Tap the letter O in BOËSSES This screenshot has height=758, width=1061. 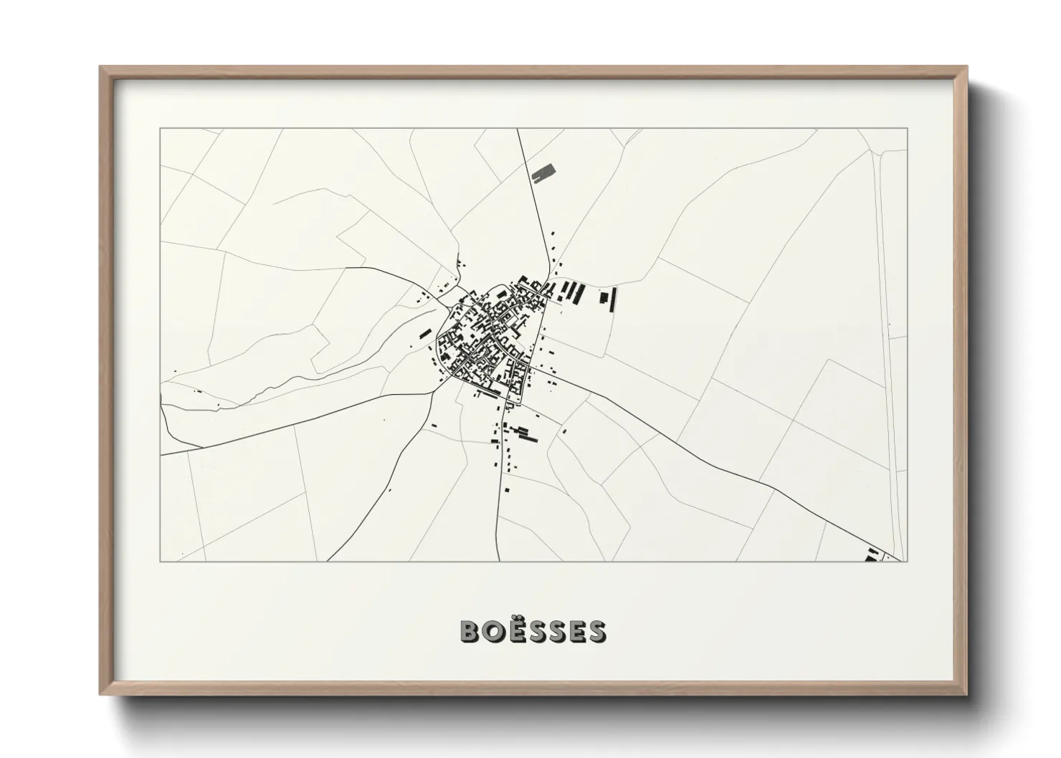click(492, 631)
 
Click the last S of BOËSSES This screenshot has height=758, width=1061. click(596, 631)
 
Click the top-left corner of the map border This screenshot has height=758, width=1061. click(161, 129)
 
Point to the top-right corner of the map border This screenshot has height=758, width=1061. click(908, 129)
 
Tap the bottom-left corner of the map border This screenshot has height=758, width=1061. click(161, 562)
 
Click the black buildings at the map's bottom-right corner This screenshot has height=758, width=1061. click(872, 555)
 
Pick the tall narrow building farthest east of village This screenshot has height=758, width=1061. click(614, 299)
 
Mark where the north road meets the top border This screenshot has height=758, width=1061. click(518, 129)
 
